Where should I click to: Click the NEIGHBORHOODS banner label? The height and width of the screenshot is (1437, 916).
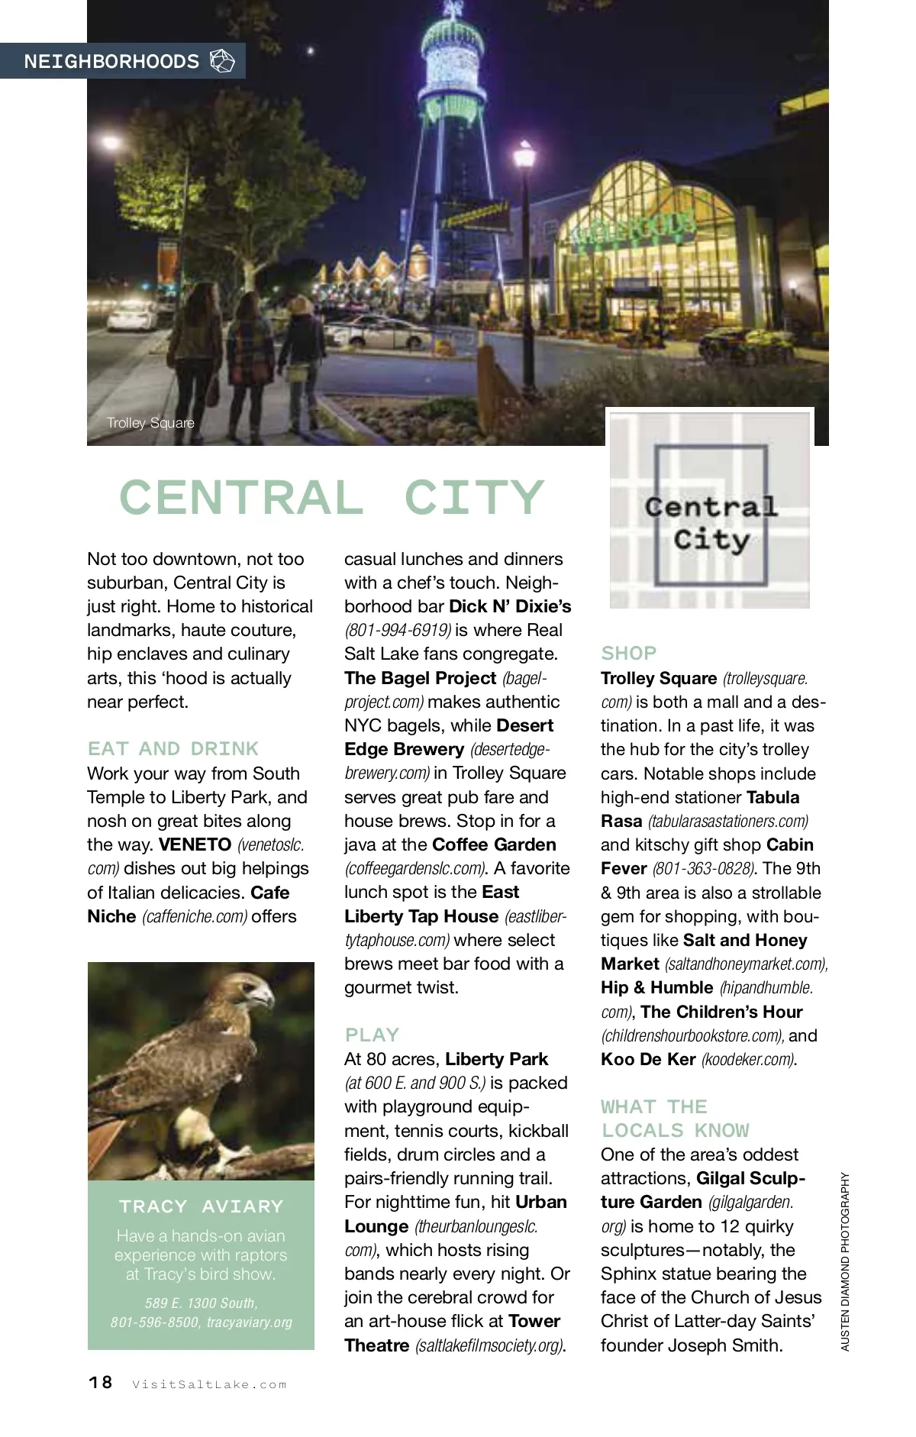(111, 62)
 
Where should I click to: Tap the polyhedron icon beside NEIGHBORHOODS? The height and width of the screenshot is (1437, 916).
(222, 61)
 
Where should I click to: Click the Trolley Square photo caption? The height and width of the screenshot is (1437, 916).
(150, 423)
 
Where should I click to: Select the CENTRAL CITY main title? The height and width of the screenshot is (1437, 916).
(332, 498)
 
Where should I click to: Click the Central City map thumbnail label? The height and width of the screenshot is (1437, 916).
(710, 524)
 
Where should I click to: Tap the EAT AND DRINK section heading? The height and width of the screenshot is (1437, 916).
(173, 748)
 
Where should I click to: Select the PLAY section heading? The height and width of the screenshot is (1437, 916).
(372, 1035)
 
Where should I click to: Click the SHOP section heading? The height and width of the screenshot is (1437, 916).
(628, 653)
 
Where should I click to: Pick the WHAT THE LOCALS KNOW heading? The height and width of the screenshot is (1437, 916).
(675, 1119)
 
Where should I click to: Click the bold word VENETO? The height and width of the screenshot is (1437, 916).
(195, 844)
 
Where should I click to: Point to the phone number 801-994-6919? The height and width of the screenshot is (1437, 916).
(398, 630)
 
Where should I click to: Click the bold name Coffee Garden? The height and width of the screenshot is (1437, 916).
(494, 844)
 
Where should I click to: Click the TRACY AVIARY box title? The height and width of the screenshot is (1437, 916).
(201, 1206)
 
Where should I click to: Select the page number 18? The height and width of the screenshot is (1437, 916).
(100, 1383)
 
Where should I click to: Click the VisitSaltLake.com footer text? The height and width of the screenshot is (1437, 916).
(209, 1384)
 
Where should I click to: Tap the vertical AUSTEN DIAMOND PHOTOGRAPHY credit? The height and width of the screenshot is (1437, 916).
(845, 1261)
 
